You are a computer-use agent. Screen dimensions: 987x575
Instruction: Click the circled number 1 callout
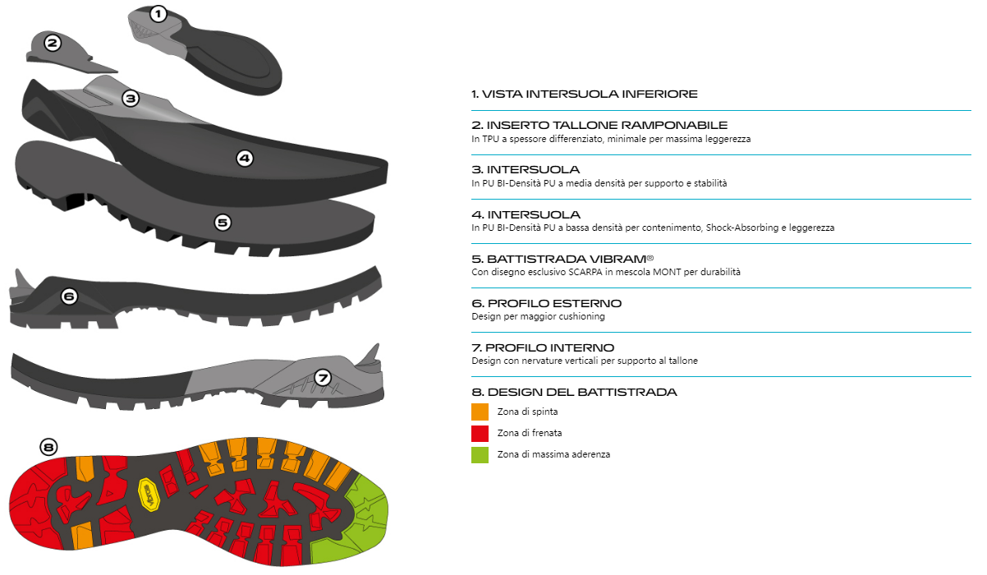click(158, 14)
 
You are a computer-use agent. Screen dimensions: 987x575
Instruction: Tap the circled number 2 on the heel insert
click(53, 43)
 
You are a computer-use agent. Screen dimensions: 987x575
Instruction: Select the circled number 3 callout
click(131, 99)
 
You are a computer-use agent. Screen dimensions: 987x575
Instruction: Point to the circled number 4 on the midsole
click(245, 159)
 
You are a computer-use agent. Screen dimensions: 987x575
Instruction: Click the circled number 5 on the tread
click(223, 223)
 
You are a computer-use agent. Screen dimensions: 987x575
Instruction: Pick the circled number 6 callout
click(69, 297)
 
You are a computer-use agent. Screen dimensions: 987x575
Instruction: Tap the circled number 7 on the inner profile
click(323, 378)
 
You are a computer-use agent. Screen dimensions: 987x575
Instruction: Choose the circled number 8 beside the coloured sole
click(48, 447)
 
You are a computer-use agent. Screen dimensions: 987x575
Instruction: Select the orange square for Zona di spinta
click(480, 412)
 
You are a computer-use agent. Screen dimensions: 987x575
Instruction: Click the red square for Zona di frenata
click(480, 433)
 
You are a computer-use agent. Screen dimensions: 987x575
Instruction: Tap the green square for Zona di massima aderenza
click(480, 454)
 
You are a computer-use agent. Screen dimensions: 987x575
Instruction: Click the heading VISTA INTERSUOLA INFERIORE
click(590, 94)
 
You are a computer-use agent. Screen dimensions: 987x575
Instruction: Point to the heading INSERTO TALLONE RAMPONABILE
click(607, 125)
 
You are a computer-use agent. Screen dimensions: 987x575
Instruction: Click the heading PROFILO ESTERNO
click(554, 303)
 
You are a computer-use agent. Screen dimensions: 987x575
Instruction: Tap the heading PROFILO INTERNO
click(549, 348)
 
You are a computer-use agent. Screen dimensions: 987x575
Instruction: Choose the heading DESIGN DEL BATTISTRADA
click(582, 392)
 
